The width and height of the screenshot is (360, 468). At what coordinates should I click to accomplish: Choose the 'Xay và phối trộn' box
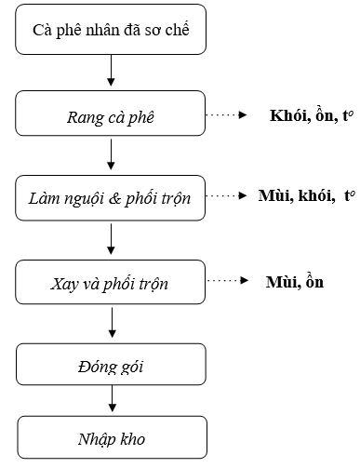111,280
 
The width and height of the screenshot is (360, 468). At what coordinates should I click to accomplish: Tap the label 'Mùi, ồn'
294,280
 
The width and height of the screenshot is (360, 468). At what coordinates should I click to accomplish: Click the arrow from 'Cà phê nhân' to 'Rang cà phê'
111,72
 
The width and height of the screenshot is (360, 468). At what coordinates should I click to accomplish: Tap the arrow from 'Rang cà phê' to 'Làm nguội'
111,154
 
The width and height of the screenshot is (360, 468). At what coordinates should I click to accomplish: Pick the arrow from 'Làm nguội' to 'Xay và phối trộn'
111,237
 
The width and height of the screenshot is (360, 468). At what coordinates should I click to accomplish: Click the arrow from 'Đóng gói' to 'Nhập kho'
111,397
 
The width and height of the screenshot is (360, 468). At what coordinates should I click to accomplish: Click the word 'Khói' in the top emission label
285,116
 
